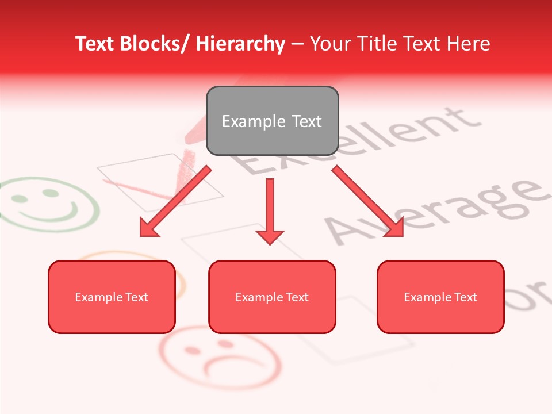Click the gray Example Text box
click(272, 121)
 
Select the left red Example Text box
click(112, 297)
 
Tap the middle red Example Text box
click(272, 297)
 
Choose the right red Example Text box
click(440, 297)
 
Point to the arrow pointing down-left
click(175, 201)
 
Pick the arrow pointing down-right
click(368, 201)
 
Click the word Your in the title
click(330, 44)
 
